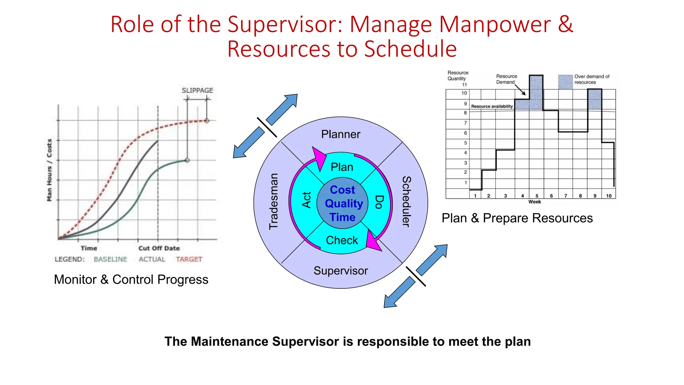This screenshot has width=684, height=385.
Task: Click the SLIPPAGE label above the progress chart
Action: (197, 91)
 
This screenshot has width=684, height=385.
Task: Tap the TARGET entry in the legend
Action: (189, 259)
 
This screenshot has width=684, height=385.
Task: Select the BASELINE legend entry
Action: (110, 259)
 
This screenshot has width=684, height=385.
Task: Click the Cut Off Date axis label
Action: (159, 248)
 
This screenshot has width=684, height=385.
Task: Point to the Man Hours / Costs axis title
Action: (49, 170)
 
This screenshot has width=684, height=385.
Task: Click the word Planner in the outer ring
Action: (340, 134)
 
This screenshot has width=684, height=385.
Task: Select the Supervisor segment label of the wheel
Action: (340, 271)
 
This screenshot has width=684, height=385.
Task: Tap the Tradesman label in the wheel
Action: (274, 201)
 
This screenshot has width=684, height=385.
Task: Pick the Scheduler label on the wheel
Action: (406, 201)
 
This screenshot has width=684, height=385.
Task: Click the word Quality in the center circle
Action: (344, 204)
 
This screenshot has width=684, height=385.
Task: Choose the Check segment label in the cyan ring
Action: (342, 240)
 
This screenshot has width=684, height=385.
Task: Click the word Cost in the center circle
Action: (342, 190)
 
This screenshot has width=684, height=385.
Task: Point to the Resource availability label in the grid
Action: (492, 106)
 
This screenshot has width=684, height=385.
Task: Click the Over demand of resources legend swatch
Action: (565, 82)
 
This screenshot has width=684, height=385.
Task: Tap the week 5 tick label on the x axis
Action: (537, 196)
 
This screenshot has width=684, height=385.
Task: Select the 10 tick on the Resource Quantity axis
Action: (464, 93)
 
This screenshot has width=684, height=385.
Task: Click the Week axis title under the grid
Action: (534, 202)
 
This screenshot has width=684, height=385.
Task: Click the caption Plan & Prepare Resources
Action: (517, 218)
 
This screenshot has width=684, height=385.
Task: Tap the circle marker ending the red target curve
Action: (207, 121)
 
